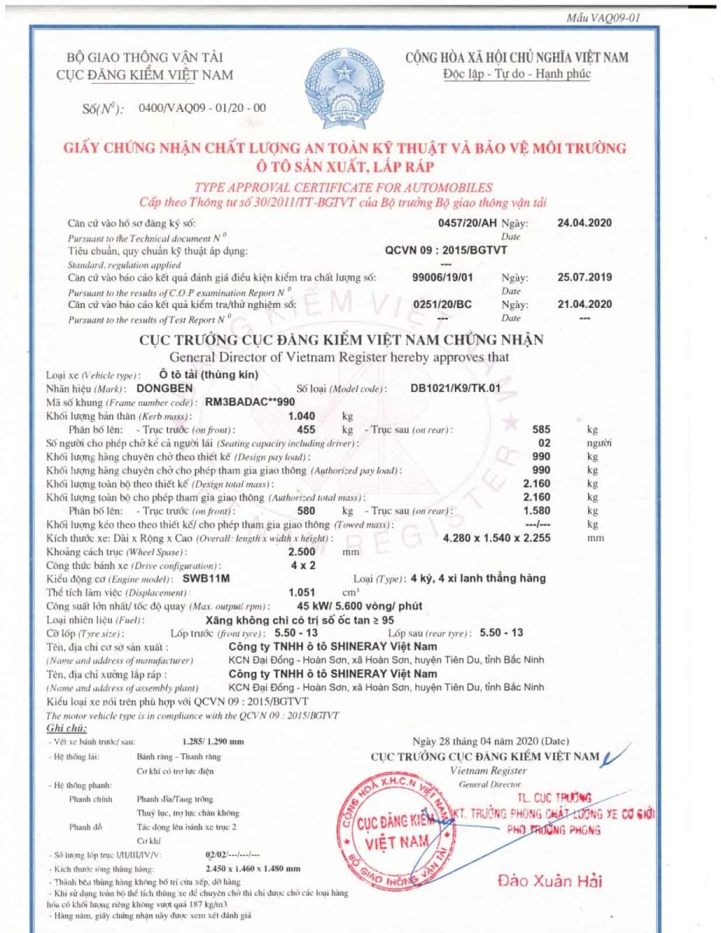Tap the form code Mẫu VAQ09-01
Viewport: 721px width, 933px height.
(604, 18)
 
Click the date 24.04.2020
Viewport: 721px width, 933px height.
(585, 223)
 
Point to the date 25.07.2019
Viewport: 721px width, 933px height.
(585, 277)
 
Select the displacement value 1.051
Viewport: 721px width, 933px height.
(302, 592)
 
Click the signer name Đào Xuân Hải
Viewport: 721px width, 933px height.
(549, 881)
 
